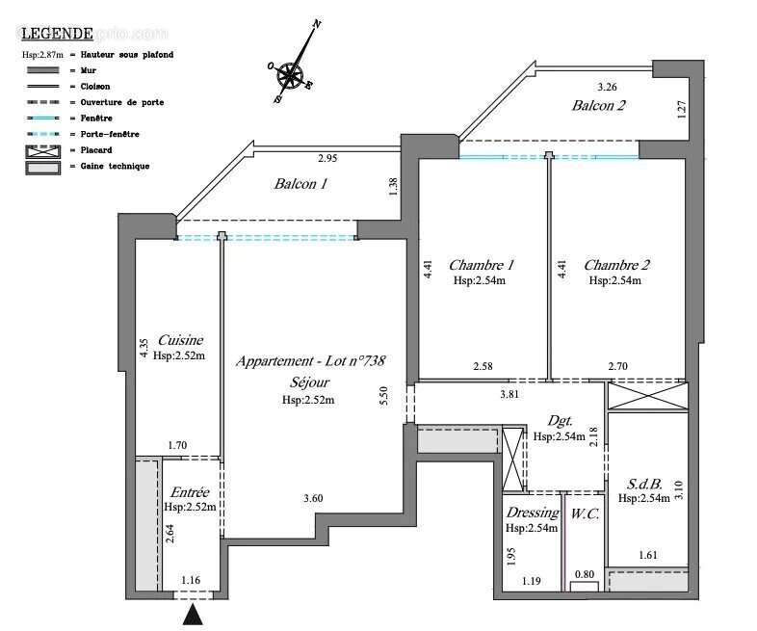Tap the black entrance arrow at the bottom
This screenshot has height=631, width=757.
click(194, 614)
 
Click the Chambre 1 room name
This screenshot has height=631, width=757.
click(481, 265)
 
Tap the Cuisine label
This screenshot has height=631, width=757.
click(180, 339)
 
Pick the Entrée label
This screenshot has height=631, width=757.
click(189, 491)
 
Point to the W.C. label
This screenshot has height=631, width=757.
click(584, 513)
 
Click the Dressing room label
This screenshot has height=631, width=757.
click(531, 513)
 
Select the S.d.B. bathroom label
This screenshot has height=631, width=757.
click(642, 484)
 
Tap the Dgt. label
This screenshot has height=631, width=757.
click(560, 421)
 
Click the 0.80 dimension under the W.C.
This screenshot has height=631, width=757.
click(584, 575)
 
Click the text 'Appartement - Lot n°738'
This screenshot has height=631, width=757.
click(310, 361)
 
